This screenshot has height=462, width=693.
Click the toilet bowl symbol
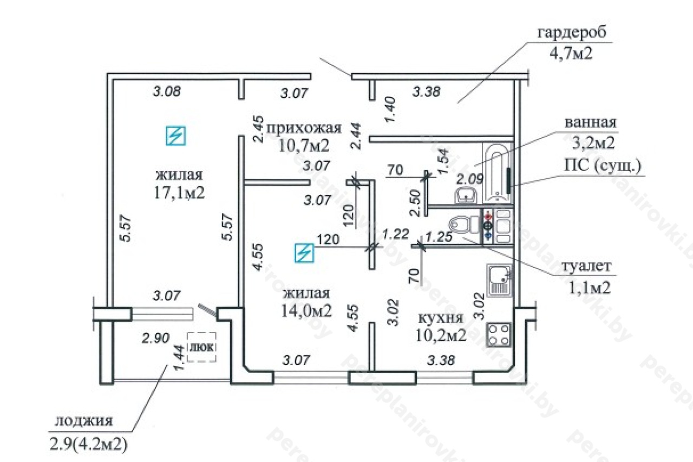click(x=463, y=225)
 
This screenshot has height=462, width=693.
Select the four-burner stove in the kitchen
click(x=499, y=335)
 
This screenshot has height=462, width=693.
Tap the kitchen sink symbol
click(x=499, y=281)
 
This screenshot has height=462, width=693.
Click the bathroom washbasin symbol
click(x=466, y=196)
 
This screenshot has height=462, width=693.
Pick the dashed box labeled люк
click(x=201, y=347)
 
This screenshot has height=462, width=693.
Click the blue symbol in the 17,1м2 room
click(x=176, y=135)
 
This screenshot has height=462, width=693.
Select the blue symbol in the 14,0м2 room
click(x=304, y=253)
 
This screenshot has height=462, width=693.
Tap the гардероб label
click(x=572, y=32)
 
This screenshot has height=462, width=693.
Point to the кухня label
click(x=441, y=318)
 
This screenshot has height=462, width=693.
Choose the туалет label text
click(x=586, y=266)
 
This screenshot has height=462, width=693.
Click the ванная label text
click(x=591, y=122)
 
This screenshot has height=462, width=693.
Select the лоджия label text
click(x=84, y=421)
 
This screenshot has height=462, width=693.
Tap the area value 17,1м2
click(x=179, y=193)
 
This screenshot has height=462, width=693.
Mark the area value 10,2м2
click(x=441, y=335)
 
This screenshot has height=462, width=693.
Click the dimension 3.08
click(x=167, y=92)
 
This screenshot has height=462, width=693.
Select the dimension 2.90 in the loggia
click(x=155, y=338)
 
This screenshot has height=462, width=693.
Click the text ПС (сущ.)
click(x=603, y=166)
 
